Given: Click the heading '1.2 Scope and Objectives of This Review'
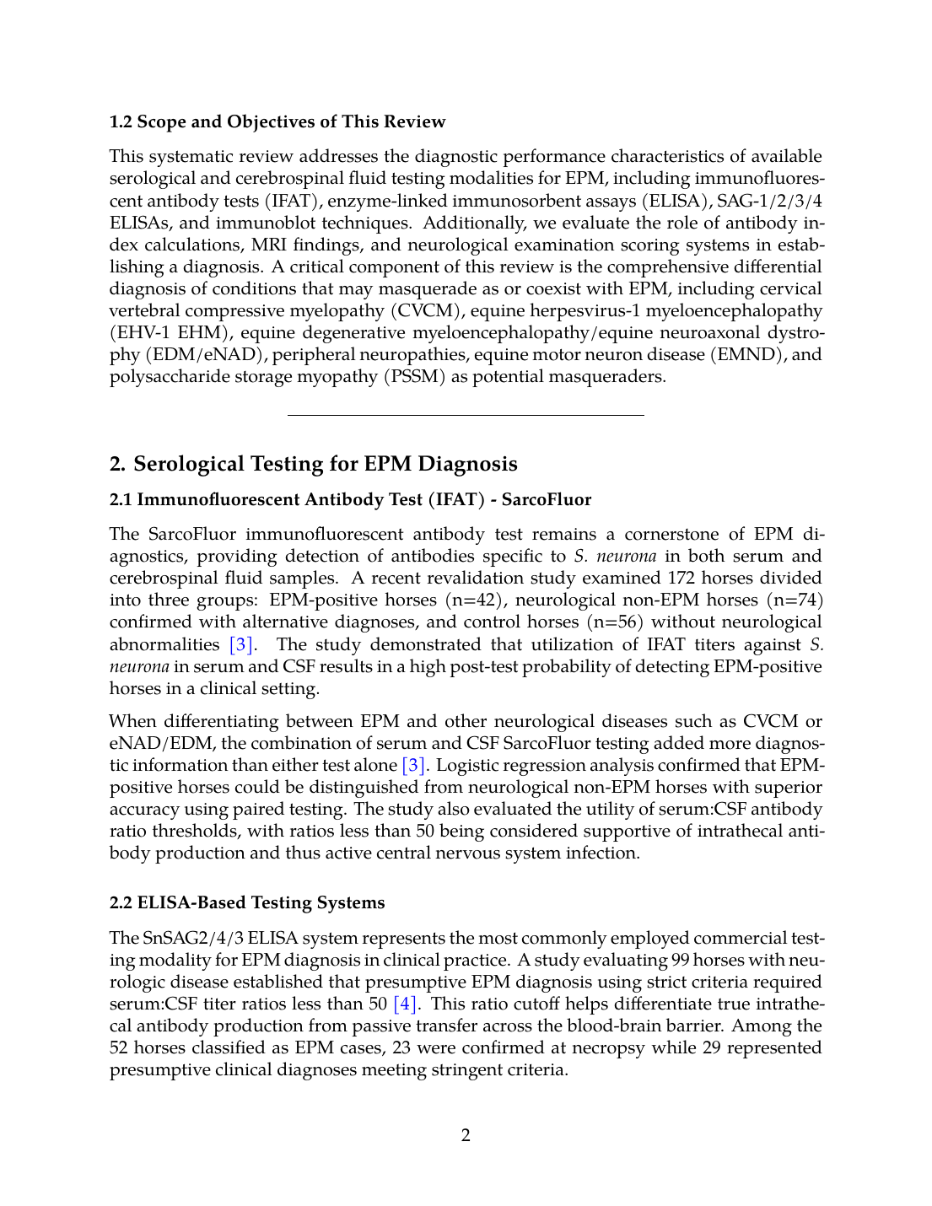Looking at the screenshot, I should click(x=277, y=121).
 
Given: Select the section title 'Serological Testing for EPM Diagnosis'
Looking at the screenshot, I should click(x=326, y=464).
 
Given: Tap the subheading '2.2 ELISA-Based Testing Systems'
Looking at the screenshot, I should click(x=247, y=902).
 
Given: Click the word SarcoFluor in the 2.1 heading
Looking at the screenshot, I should click(x=547, y=499).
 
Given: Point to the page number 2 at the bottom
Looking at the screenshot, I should click(x=466, y=1135).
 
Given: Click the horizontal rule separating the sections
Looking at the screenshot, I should click(x=466, y=415).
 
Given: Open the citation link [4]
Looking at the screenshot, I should click(x=405, y=1004).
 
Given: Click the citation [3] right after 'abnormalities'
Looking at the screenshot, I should click(x=241, y=644).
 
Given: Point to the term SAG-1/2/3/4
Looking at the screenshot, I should click(x=769, y=201).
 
